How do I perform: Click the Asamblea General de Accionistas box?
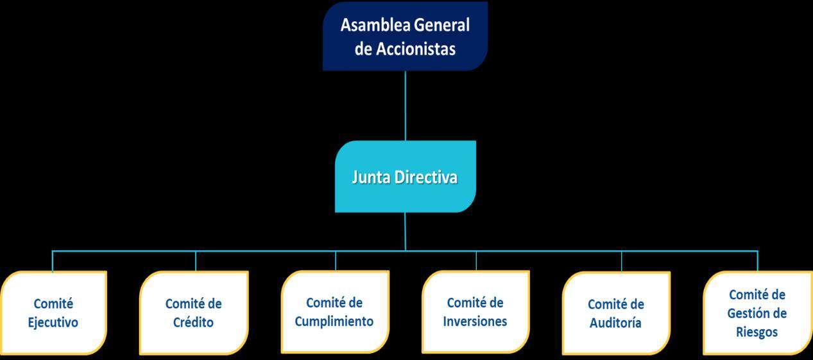[x=405, y=36]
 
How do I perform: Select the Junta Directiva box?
[x=405, y=176]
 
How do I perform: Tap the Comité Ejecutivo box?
[x=53, y=313]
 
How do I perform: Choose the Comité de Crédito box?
[x=193, y=313]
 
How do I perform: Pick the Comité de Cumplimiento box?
[x=334, y=312]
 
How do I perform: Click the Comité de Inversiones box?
[x=475, y=312]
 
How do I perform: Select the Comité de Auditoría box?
[x=616, y=313]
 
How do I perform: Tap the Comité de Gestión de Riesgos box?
[x=757, y=313]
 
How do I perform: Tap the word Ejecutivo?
[x=53, y=322]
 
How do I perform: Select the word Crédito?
[x=193, y=322]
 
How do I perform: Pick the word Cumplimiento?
[x=334, y=321]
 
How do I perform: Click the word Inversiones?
[x=475, y=321]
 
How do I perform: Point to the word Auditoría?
[x=616, y=323]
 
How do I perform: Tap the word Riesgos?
[x=757, y=332]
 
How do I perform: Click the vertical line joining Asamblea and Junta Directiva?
[x=406, y=106]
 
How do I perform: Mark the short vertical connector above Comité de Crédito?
[x=196, y=261]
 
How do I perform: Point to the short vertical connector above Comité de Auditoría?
[x=621, y=261]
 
